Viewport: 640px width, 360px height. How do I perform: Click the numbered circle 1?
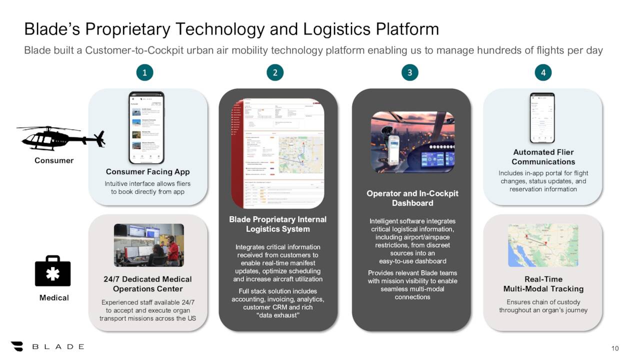click(x=144, y=73)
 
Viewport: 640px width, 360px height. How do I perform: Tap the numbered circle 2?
click(x=275, y=73)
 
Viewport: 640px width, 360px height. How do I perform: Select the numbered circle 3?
click(x=409, y=73)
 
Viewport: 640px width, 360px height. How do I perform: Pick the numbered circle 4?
click(x=543, y=73)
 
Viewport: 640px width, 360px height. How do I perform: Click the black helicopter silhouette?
click(x=60, y=138)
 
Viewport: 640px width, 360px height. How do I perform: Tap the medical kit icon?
click(x=53, y=271)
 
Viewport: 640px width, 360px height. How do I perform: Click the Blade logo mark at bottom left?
click(x=17, y=346)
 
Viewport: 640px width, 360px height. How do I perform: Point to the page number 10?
click(x=615, y=348)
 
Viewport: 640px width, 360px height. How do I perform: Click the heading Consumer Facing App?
click(x=147, y=172)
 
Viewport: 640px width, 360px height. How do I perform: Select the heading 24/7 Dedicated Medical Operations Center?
click(x=147, y=284)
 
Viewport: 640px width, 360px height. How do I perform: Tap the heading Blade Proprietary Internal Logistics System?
click(x=277, y=224)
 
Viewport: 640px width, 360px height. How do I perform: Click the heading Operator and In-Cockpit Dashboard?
click(x=412, y=198)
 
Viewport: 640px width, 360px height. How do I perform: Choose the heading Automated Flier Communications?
click(x=543, y=157)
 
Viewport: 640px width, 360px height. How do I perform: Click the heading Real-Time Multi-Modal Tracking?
click(x=543, y=284)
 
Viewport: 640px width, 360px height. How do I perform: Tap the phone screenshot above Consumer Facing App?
click(x=146, y=128)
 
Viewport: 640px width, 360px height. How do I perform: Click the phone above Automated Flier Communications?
click(x=542, y=118)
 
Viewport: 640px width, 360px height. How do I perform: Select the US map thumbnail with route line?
click(x=543, y=245)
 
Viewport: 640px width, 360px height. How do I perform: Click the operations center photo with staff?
click(x=149, y=245)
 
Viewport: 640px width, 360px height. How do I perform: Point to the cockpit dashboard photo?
click(x=412, y=142)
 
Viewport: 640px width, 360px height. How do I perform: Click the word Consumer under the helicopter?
click(x=54, y=160)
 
